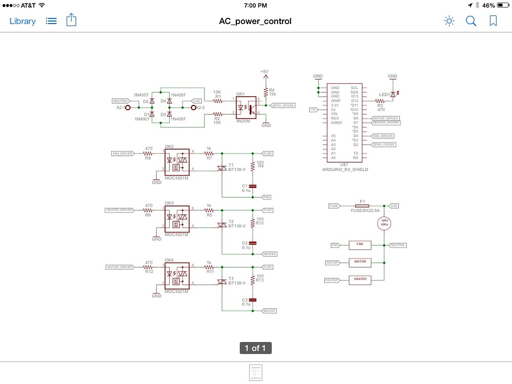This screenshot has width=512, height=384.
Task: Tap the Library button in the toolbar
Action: (23, 21)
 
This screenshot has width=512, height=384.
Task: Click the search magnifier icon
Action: (470, 21)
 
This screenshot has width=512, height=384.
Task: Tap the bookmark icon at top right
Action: (493, 21)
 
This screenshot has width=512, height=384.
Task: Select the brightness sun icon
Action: (449, 21)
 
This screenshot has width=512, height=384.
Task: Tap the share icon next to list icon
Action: (71, 20)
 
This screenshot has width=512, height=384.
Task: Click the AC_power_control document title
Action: (255, 21)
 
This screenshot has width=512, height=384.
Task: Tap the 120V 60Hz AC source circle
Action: (384, 223)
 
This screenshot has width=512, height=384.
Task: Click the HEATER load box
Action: (360, 280)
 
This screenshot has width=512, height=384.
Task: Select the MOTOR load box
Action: (360, 262)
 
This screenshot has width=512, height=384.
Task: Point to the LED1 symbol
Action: (393, 95)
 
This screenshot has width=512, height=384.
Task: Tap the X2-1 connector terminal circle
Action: (128, 108)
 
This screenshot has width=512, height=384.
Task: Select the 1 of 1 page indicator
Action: (255, 348)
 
